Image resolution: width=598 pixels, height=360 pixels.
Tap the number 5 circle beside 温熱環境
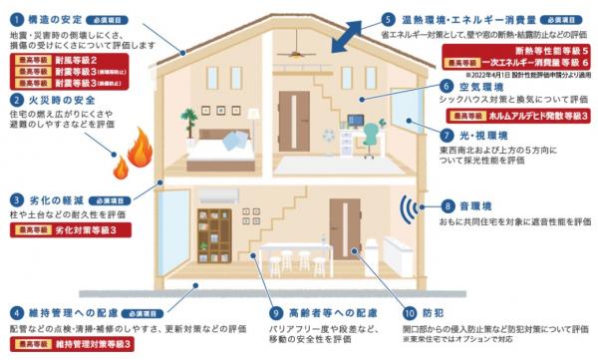[388, 19]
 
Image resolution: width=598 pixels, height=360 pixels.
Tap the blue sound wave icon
[408, 210]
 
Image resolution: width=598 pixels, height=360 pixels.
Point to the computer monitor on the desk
[356, 122]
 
